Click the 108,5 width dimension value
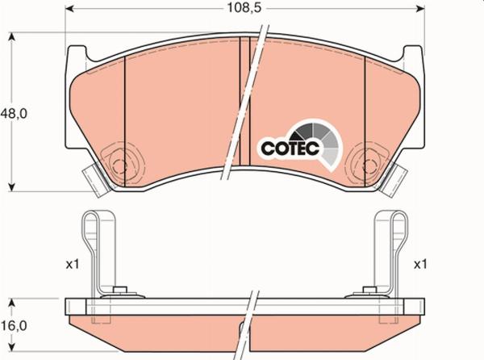click(x=244, y=8)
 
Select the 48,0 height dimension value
click(x=14, y=114)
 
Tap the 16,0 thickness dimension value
click(x=14, y=325)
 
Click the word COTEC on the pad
click(x=290, y=149)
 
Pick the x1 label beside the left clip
click(x=73, y=264)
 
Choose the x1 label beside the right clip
click(x=420, y=264)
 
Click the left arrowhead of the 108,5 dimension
click(x=69, y=9)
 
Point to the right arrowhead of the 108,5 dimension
click(x=420, y=9)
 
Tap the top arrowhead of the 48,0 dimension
click(x=11, y=37)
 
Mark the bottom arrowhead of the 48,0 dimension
click(x=11, y=187)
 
